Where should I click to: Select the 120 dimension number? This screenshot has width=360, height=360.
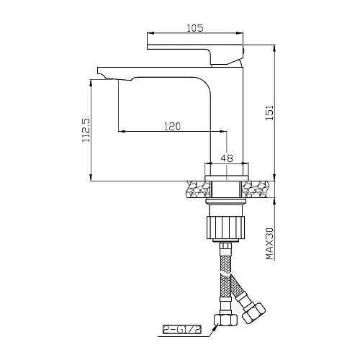click(x=172, y=126)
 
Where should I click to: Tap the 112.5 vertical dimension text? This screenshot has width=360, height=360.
click(x=86, y=129)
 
